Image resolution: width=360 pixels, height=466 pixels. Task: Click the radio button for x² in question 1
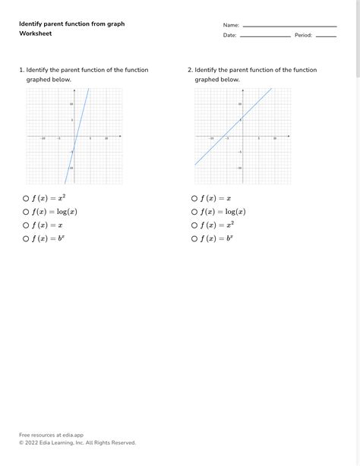pos(26,198)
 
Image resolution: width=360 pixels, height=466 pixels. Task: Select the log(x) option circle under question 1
pos(26,212)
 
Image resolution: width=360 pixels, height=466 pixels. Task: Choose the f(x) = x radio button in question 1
pos(26,225)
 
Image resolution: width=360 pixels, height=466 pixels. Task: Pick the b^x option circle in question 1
pos(26,239)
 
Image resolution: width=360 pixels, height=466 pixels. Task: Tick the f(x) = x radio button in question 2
pos(194,198)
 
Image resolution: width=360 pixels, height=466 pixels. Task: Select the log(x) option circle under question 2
pos(194,212)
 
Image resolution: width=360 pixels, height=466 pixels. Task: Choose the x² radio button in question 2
pos(194,225)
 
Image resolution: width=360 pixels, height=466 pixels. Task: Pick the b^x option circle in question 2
pos(194,239)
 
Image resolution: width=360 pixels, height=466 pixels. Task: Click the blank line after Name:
pos(289,27)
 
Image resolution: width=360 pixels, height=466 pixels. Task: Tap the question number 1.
pos(21,70)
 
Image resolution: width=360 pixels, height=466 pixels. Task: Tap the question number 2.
pos(190,70)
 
